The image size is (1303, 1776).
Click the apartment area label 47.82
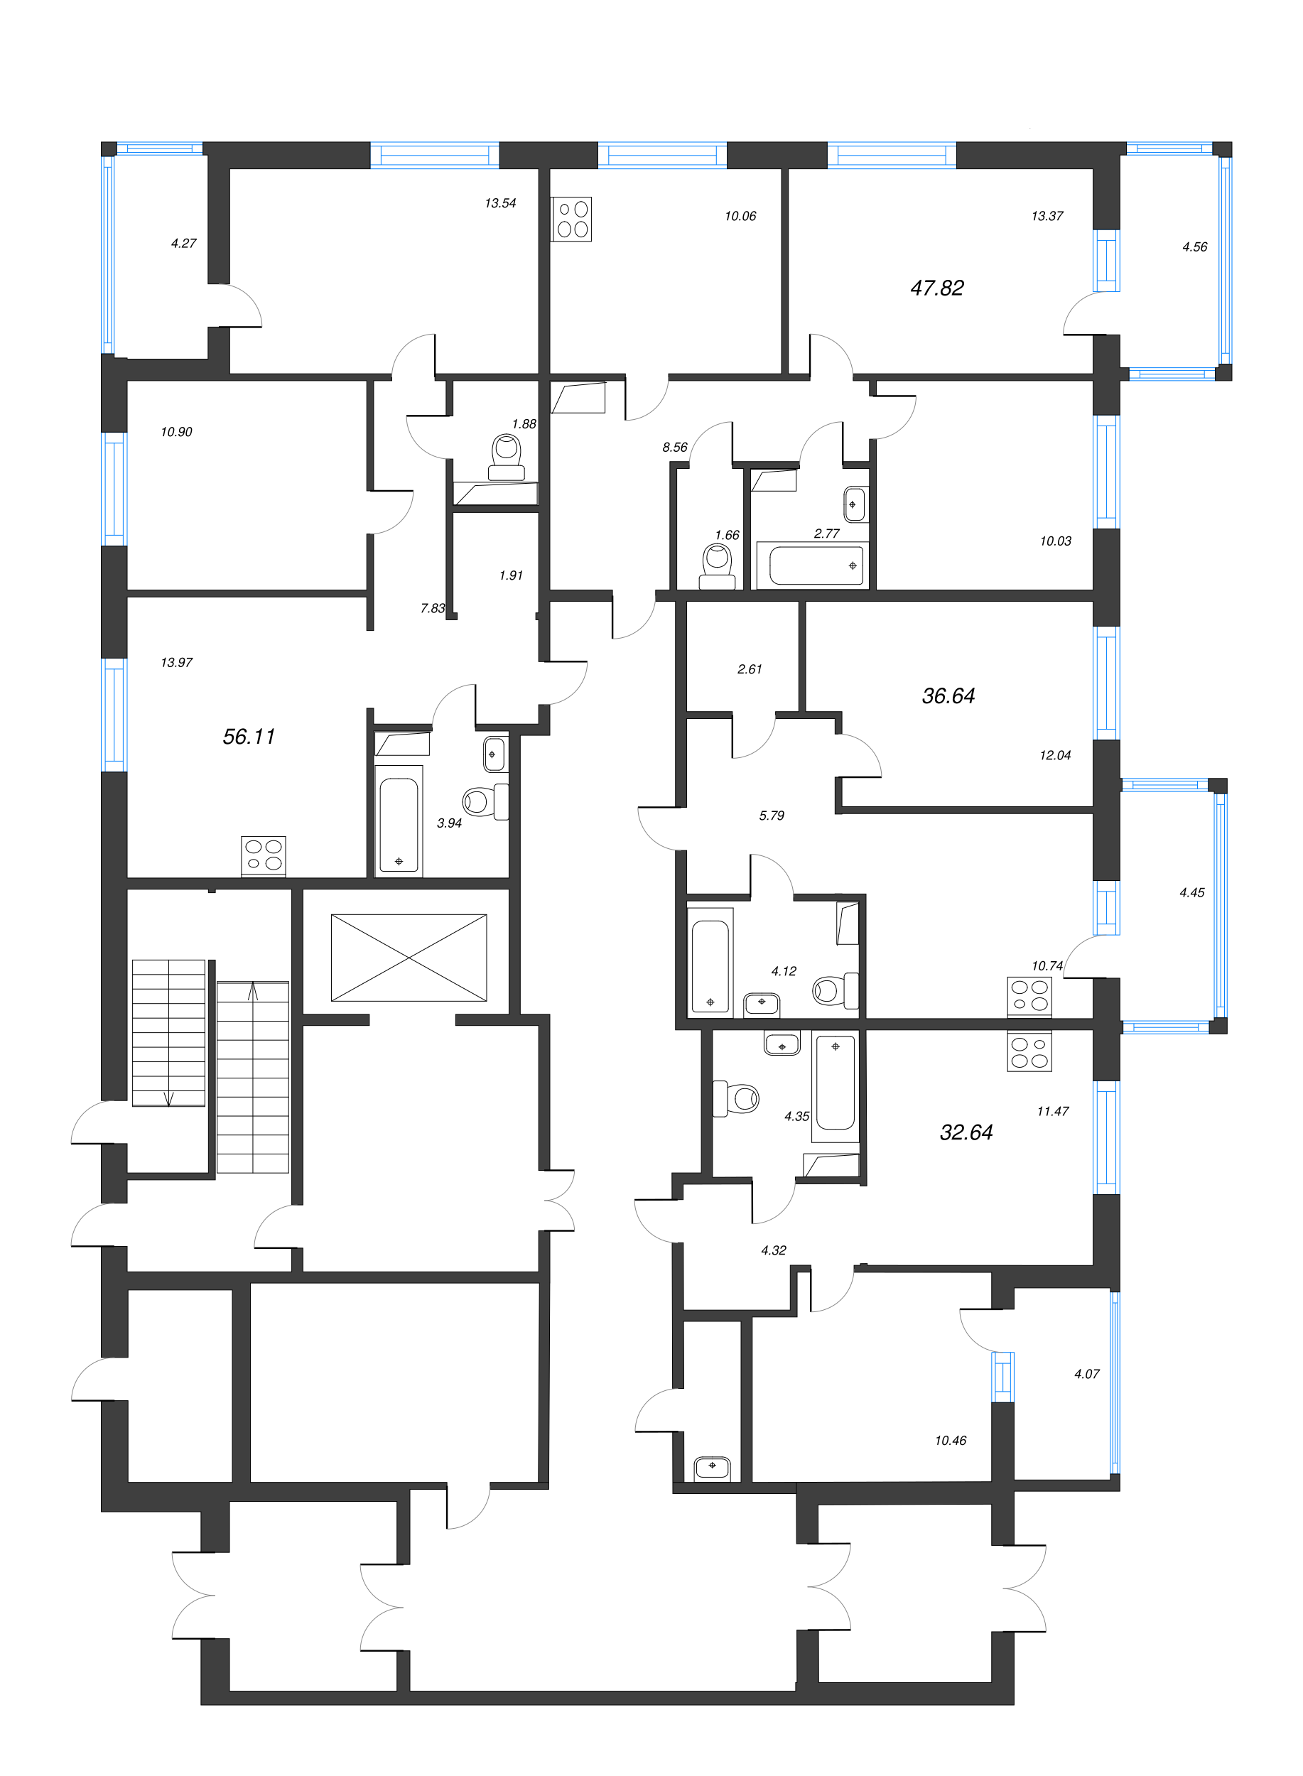936,288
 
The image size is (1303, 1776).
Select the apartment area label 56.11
249,737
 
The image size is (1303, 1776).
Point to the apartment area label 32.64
966,1132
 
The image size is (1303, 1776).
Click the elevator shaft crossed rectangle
409,958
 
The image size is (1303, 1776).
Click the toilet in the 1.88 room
507,457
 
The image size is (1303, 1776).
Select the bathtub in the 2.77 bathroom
816,565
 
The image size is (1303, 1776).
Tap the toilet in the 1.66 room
717,567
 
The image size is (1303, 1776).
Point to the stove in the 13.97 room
264,855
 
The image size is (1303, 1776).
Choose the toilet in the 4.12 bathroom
836,990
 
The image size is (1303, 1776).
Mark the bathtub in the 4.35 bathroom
836,1083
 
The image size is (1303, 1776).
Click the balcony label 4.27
184,244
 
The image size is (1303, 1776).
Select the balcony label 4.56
1194,247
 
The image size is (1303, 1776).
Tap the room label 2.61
750,669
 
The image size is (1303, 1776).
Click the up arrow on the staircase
253,990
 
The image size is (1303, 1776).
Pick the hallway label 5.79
772,816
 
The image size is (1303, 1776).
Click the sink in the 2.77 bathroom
854,504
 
